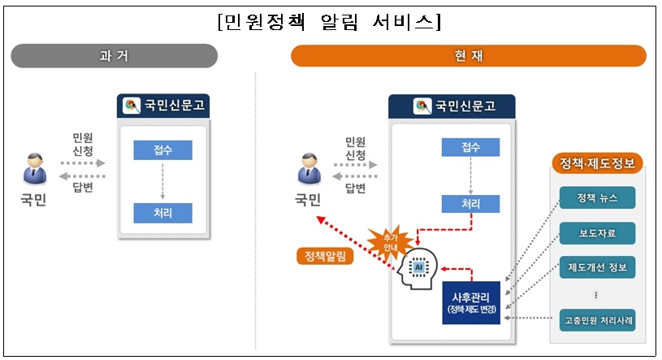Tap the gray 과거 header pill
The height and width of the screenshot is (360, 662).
pos(114,56)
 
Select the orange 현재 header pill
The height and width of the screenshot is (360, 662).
pos(468,56)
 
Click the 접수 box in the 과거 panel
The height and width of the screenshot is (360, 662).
pos(163,150)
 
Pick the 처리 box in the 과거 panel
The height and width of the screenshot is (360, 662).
pos(163,213)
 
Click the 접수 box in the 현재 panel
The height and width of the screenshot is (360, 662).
pos(471,147)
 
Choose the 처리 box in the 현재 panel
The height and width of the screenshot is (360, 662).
pos(471,204)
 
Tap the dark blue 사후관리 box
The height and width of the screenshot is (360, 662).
pos(471,301)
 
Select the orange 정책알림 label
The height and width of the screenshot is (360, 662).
pos(325,257)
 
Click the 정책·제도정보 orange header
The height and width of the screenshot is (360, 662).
pos(597,163)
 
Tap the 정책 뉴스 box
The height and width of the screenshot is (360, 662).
pos(597,198)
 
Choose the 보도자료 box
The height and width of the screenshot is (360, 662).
pos(597,233)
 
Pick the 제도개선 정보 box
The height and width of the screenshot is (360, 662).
pos(597,267)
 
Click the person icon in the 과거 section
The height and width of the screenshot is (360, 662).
pos(33,168)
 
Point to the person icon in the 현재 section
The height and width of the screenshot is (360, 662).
pos(308,168)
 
